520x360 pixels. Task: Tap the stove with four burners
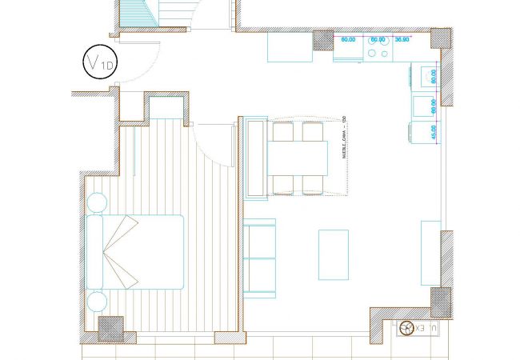[x=379, y=50]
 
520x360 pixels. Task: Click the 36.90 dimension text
[x=403, y=38]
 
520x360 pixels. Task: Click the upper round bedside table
[x=96, y=203]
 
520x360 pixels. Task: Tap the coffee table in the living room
[x=334, y=254]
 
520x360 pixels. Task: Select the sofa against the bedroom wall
[x=258, y=258]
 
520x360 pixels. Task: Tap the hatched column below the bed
[x=110, y=328]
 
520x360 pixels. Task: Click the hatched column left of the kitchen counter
[x=323, y=42]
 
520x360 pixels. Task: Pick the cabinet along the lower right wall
[x=430, y=253]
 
